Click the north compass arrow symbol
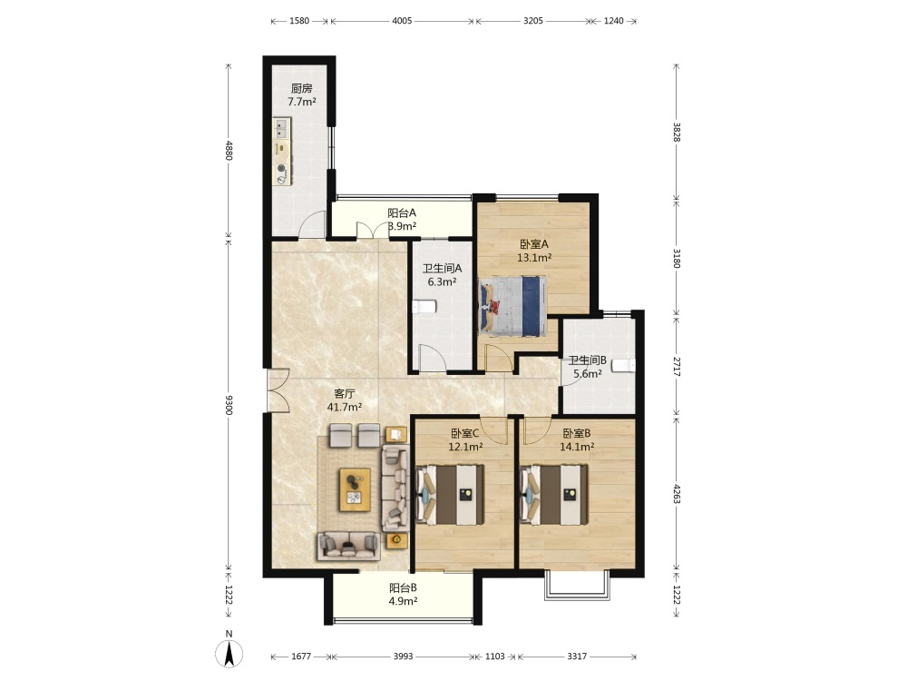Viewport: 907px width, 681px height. pos(229,654)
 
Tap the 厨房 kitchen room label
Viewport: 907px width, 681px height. pos(302,89)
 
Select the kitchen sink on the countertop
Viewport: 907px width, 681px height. pos(282,129)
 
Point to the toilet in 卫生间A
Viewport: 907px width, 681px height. pos(424,307)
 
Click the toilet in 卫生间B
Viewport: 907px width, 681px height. pos(624,365)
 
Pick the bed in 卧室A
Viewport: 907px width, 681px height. pos(513,306)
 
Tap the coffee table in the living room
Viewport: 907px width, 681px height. pos(355,489)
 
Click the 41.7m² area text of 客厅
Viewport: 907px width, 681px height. pos(345,407)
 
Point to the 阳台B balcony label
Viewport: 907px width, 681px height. pos(404,587)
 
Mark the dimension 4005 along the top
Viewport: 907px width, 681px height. pos(402,21)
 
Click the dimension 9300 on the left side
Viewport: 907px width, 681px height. pos(229,405)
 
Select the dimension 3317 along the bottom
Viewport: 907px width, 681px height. pos(577,656)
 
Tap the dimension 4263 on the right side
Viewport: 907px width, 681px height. pos(677,493)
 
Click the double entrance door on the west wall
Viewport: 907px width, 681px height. pos(278,390)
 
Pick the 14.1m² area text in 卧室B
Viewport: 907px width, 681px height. pos(577,447)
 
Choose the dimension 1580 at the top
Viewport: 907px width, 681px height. pos(299,21)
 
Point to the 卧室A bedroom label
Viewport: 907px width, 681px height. pos(534,244)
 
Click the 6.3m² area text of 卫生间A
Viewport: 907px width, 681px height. pos(442,282)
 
